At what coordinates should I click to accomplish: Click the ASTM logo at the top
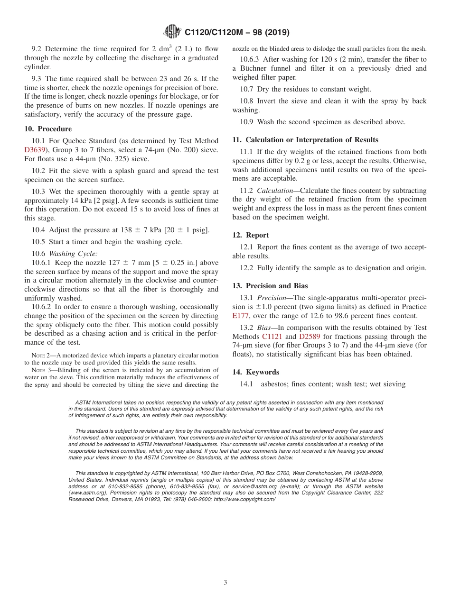click(172, 32)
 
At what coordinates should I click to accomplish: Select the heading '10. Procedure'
click(48, 129)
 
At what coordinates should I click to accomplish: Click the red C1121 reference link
click(272, 337)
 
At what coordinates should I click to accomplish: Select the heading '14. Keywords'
click(255, 372)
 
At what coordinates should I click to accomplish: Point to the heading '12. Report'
click(251, 235)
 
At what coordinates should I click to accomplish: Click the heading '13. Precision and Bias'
click(270, 286)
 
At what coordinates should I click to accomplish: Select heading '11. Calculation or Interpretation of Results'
click(305, 140)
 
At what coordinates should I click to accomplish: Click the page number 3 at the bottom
click(225, 583)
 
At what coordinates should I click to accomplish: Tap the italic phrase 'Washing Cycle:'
click(73, 254)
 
